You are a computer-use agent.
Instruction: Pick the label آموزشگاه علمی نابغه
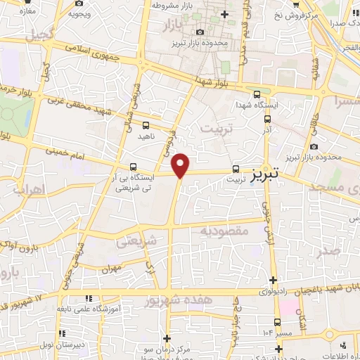pyautogui.click(x=95, y=309)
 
